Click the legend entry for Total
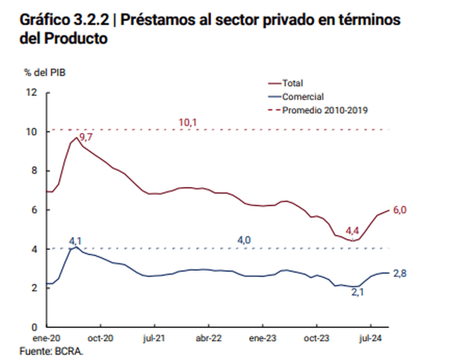(x=293, y=83)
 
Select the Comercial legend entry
(x=303, y=97)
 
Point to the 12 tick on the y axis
(x=31, y=92)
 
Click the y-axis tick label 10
(x=31, y=132)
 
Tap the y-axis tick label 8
(x=34, y=171)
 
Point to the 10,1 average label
(x=187, y=122)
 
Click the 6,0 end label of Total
(x=400, y=210)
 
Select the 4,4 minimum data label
(x=352, y=231)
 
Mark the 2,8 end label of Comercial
(x=400, y=273)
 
